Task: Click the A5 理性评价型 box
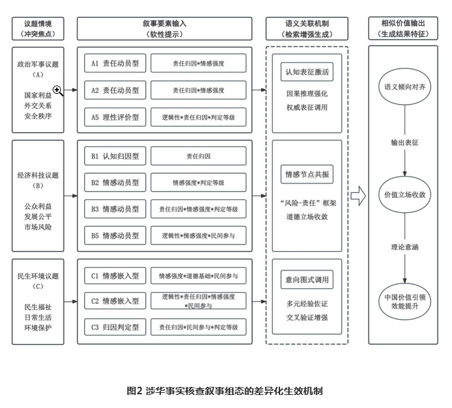pyautogui.click(x=115, y=117)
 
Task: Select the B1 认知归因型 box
pyautogui.click(x=115, y=156)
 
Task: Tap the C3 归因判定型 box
pyautogui.click(x=115, y=327)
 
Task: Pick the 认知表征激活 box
pyautogui.click(x=307, y=72)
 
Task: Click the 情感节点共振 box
pyautogui.click(x=307, y=175)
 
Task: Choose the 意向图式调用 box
pyautogui.click(x=307, y=279)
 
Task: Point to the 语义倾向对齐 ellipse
pyautogui.click(x=405, y=87)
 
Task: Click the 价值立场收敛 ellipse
pyautogui.click(x=405, y=194)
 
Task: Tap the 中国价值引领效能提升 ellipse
pyautogui.click(x=405, y=301)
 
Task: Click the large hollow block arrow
pyautogui.click(x=358, y=196)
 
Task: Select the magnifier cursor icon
pyautogui.click(x=58, y=91)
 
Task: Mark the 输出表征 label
pyautogui.click(x=405, y=142)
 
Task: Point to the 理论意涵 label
pyautogui.click(x=405, y=247)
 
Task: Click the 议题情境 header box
pyautogui.click(x=38, y=29)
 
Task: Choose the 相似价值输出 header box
pyautogui.click(x=403, y=28)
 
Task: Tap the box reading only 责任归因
pyautogui.click(x=199, y=156)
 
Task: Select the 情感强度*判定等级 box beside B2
pyautogui.click(x=199, y=183)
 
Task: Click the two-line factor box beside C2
pyautogui.click(x=199, y=301)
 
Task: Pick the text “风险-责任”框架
pyautogui.click(x=308, y=203)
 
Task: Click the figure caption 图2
pyautogui.click(x=135, y=391)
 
